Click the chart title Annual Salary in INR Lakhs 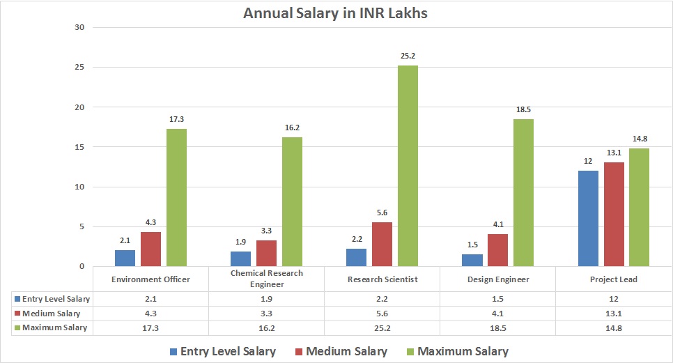click(335, 13)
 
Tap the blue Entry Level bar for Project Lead click(589, 218)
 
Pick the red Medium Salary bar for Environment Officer click(150, 249)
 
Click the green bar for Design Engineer click(523, 192)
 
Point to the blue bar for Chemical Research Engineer click(241, 258)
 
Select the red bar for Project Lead click(614, 214)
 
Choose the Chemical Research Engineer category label click(266, 279)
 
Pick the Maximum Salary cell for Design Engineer click(497, 327)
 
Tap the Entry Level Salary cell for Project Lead click(613, 299)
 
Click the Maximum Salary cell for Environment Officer click(150, 327)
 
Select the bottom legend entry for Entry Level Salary click(222, 351)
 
